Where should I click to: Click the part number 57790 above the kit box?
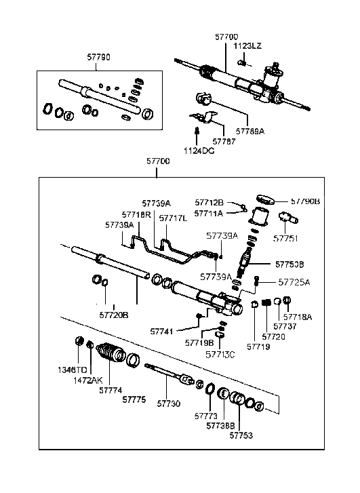pyautogui.click(x=100, y=59)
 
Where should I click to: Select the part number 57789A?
pyautogui.click(x=251, y=131)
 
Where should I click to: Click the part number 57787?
pyautogui.click(x=225, y=141)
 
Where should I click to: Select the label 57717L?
pyautogui.click(x=174, y=218)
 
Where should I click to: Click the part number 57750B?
pyautogui.click(x=290, y=263)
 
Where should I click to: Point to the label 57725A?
pyautogui.click(x=294, y=281)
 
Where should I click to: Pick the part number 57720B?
pyautogui.click(x=113, y=315)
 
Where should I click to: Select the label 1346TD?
pyautogui.click(x=72, y=371)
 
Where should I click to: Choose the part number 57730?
pyautogui.click(x=169, y=403)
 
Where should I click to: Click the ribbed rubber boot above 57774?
pyautogui.click(x=108, y=353)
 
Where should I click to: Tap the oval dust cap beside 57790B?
pyautogui.click(x=266, y=199)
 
